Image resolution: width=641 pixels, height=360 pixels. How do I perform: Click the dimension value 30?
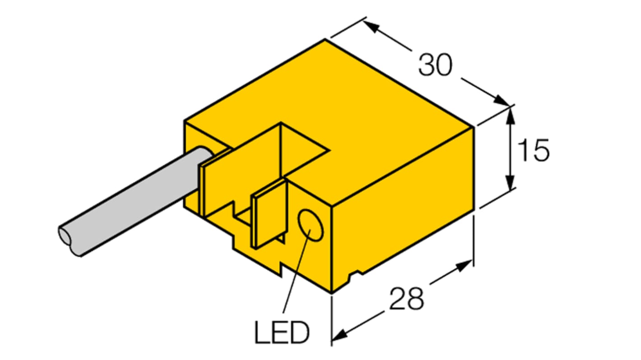(435, 65)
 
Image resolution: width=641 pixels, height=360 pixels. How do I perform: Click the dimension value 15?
(534, 150)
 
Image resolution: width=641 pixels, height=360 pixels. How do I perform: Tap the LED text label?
(282, 333)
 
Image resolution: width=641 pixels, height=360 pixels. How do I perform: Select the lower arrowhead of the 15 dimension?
(510, 185)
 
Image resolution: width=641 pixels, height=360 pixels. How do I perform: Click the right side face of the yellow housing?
(406, 212)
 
